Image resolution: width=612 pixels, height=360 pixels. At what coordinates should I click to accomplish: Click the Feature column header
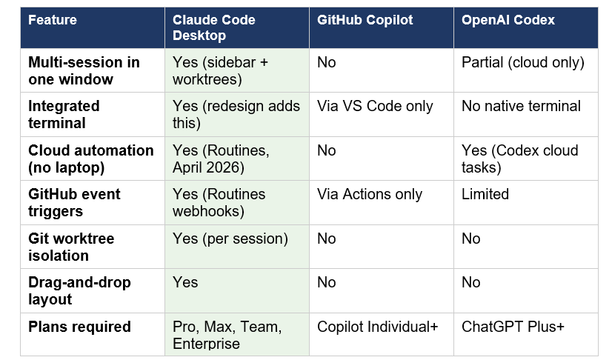pos(53,20)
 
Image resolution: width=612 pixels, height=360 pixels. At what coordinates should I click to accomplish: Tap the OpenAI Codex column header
pos(508,20)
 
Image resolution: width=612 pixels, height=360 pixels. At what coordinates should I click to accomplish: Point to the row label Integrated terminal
pos(64,115)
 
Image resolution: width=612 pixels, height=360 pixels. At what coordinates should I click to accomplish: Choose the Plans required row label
pos(79,327)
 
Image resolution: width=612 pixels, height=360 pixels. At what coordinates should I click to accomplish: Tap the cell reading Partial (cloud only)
pos(522,63)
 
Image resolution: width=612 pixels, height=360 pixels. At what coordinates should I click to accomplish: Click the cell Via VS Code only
pos(375,107)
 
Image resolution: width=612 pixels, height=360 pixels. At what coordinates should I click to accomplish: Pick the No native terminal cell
pos(521,107)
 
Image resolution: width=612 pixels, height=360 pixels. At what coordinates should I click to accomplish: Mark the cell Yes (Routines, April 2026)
pos(221,159)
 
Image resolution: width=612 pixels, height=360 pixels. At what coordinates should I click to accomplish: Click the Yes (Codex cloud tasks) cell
pos(519,159)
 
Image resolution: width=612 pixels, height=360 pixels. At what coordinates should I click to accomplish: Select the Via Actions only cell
pos(370,195)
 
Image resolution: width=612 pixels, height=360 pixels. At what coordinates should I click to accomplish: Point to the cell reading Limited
pos(485,195)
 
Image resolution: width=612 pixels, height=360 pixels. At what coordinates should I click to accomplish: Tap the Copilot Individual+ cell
pos(377,327)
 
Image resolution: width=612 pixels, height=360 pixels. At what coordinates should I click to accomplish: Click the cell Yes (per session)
pos(230,239)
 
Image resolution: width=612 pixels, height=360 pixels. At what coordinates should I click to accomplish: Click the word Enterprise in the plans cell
pos(206,344)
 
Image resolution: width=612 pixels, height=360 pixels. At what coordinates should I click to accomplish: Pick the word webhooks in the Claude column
pos(207,212)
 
